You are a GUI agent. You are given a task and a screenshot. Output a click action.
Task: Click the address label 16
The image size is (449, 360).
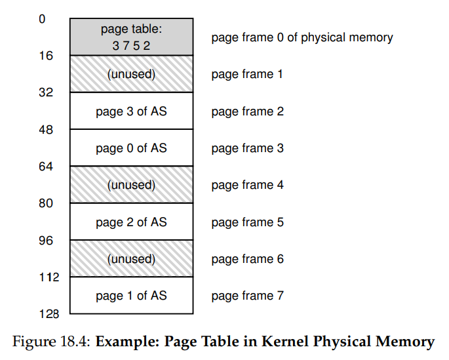46,56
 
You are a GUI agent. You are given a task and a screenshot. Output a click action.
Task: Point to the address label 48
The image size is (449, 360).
46,130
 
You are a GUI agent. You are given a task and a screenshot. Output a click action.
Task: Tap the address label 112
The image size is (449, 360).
49,277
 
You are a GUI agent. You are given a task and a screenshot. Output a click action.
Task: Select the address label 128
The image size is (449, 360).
49,314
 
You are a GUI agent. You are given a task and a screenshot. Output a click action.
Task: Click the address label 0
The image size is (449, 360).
42,19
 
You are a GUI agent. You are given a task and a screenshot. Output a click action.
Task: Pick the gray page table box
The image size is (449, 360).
132,37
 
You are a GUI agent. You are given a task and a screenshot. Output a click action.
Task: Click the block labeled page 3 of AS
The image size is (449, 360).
132,111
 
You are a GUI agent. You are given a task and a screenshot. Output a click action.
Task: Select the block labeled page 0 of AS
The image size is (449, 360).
132,148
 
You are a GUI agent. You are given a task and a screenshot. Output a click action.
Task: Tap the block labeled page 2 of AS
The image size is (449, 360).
132,222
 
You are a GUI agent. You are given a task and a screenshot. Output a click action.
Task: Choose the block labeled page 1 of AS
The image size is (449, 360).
132,296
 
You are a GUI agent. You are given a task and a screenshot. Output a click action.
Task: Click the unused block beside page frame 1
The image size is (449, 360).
132,74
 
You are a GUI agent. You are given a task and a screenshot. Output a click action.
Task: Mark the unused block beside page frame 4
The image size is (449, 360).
132,185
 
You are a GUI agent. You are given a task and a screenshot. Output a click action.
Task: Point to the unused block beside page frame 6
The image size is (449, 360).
132,258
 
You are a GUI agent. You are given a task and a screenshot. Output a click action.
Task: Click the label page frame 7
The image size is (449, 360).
247,296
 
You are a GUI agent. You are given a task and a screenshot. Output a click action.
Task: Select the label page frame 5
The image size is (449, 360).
247,222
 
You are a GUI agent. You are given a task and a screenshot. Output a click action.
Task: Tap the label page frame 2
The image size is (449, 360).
247,111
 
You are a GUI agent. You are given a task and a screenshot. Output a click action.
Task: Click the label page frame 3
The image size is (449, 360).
247,149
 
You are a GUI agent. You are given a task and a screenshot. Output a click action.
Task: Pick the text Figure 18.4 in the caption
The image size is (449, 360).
52,342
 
